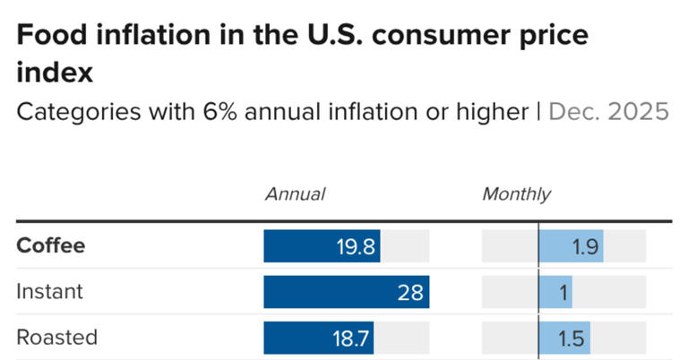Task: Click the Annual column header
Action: (x=295, y=194)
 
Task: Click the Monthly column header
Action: (x=517, y=194)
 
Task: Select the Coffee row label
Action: (x=51, y=245)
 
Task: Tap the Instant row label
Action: (x=49, y=291)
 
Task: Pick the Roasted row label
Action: (x=57, y=338)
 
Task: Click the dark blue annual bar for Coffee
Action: (x=322, y=245)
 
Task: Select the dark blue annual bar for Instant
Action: (x=346, y=291)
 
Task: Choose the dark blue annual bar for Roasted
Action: (x=318, y=338)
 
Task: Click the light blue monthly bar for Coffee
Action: (x=571, y=245)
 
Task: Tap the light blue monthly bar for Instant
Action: (x=555, y=291)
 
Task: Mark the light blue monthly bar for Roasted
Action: (x=564, y=338)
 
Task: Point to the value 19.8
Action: (x=355, y=245)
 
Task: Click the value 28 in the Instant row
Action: (x=409, y=292)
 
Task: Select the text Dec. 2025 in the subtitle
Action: (x=608, y=112)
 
